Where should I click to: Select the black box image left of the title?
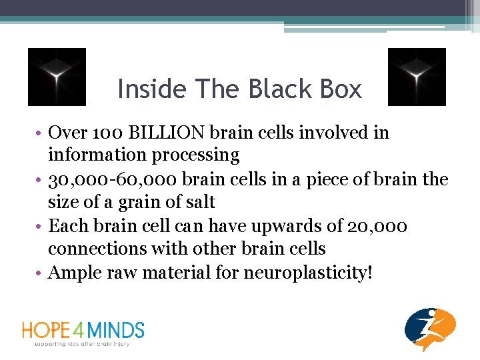tap(57, 77)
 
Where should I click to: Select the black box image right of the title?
tap(417, 77)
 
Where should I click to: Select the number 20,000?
tap(377, 226)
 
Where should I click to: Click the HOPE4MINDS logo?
tap(83, 329)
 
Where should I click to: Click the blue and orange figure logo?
tap(430, 329)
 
